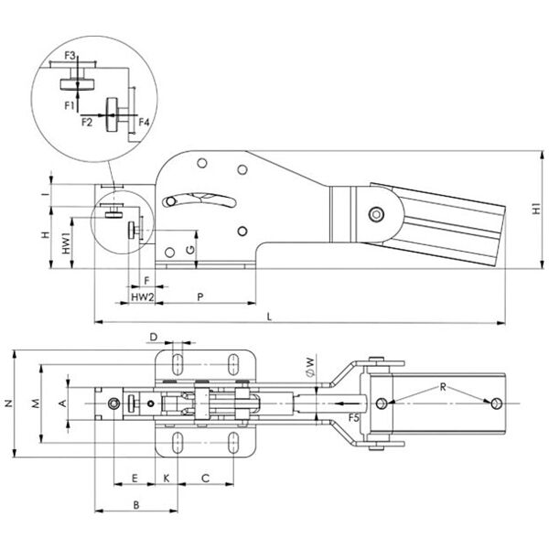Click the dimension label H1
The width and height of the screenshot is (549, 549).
click(537, 208)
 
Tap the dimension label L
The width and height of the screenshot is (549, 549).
click(268, 315)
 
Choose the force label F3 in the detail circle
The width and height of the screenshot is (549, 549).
click(82, 57)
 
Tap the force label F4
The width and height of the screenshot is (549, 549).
click(144, 121)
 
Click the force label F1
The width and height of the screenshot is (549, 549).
click(69, 105)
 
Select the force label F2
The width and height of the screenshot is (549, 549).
click(87, 120)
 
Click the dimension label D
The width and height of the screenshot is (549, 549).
click(154, 338)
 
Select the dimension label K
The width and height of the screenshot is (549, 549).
click(166, 477)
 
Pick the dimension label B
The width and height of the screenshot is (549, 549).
click(135, 503)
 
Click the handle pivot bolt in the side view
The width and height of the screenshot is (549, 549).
click(375, 215)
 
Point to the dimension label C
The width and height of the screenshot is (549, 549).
click(205, 477)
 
